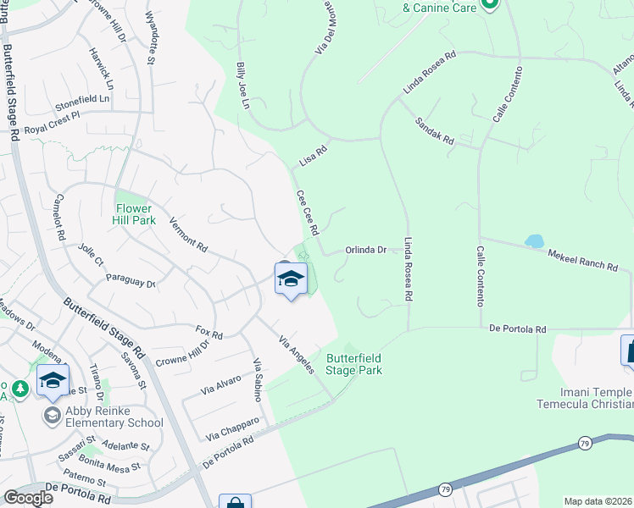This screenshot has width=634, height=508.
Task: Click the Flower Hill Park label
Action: point(134,214)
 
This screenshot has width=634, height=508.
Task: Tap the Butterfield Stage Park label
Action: point(353,364)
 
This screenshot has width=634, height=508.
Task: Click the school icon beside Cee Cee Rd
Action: point(290,279)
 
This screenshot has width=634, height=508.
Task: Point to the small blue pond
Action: point(534,241)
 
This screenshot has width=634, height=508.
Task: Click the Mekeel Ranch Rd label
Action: point(582,260)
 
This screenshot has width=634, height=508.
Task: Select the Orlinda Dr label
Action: point(365,250)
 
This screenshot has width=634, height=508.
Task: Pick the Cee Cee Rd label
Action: point(307,213)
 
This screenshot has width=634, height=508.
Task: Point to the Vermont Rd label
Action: point(188,235)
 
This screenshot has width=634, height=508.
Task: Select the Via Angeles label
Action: point(297,354)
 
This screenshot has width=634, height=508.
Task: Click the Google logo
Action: point(28,498)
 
